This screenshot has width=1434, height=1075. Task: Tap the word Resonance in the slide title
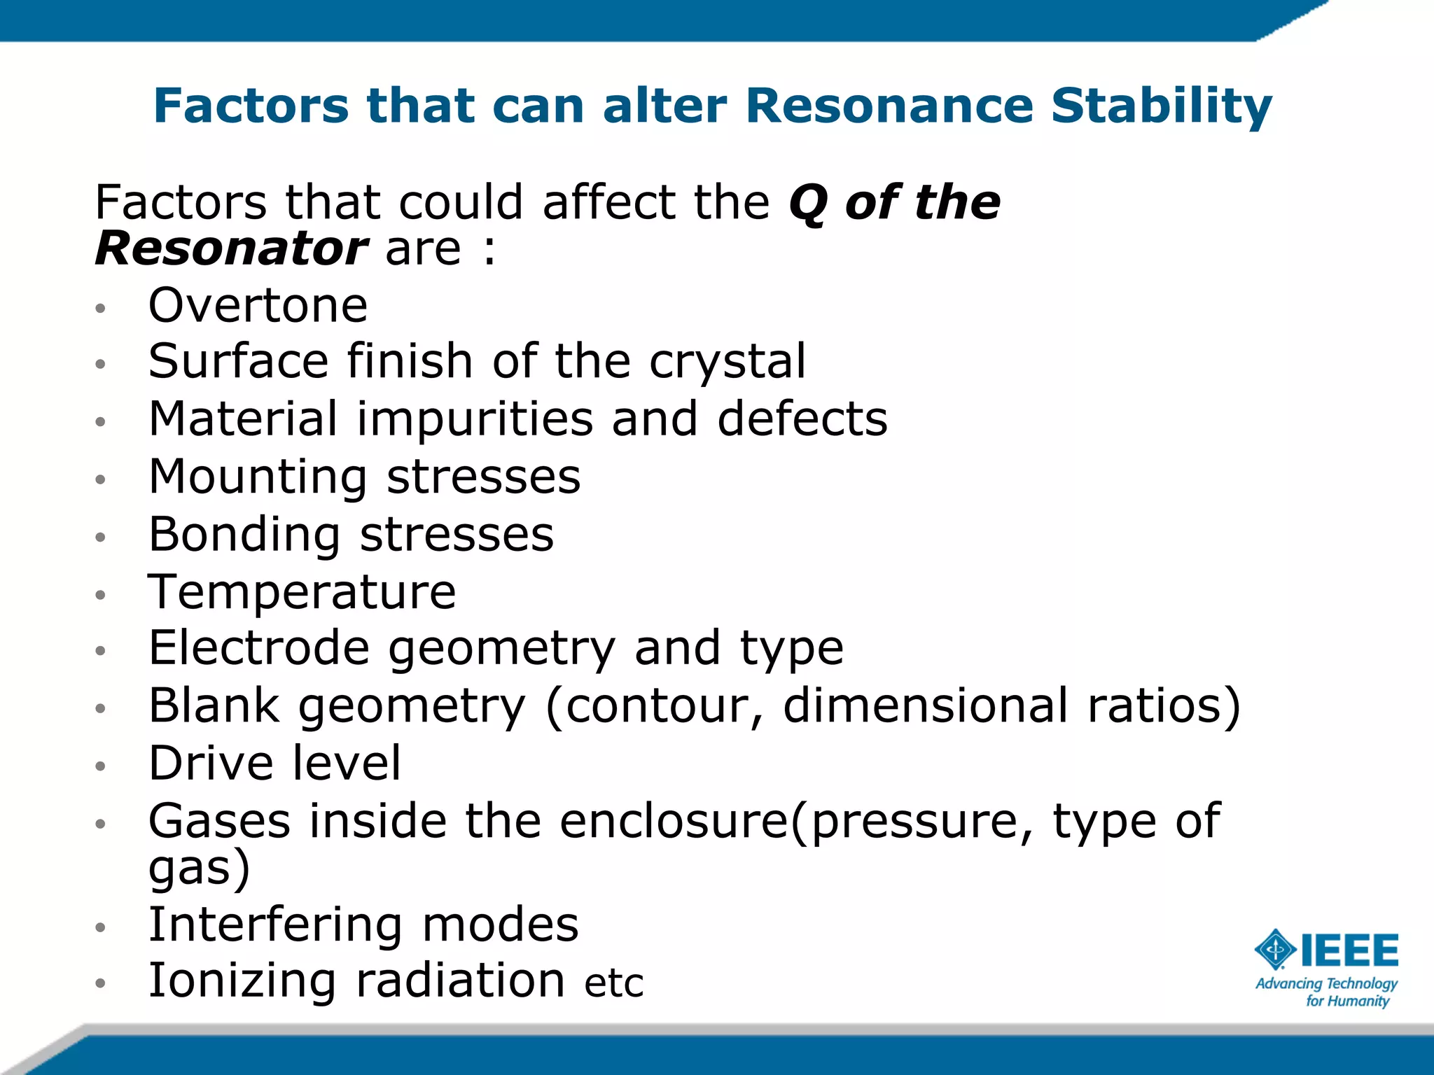889,106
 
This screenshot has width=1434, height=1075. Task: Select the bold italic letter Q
808,204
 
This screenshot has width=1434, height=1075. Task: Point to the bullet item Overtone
258,307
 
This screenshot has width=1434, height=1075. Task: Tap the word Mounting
258,477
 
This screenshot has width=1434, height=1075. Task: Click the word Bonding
244,535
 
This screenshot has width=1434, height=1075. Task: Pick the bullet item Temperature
302,593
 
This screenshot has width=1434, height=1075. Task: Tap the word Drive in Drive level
211,764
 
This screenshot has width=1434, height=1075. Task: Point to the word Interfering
275,925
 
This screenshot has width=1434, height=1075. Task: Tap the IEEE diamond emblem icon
1276,950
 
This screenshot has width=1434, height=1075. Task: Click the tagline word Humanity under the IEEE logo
1358,1002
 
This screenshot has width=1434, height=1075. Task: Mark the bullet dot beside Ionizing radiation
101,983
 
